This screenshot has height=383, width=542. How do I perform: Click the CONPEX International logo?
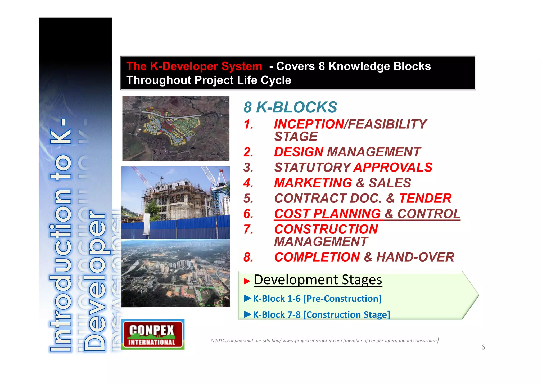153,335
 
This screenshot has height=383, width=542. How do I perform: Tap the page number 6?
483,347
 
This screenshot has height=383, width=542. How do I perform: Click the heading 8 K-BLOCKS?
290,107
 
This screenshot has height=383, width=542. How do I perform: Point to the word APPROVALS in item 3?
393,167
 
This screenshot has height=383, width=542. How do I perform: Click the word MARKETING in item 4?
313,183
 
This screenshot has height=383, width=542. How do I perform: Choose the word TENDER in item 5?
425,198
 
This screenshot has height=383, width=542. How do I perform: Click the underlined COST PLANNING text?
327,214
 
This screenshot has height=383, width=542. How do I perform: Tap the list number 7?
248,229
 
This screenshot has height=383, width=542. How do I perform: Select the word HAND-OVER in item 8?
415,257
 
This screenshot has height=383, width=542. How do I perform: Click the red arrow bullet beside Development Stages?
247,281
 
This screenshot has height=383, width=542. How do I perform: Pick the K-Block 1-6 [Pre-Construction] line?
317,299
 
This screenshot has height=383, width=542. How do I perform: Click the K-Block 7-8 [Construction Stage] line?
321,315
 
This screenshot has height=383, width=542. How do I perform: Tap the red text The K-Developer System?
194,66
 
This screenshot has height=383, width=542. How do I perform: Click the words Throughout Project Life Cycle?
209,80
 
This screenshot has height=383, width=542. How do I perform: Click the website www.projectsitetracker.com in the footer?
312,341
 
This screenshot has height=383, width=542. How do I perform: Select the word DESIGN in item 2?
299,152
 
